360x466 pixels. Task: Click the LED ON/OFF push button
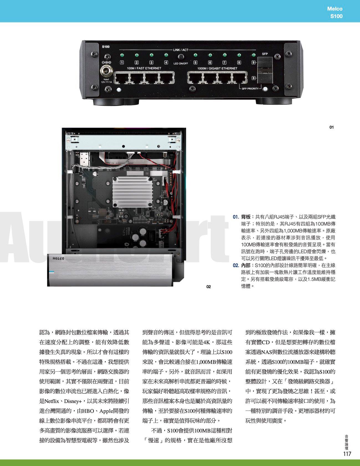(x=181, y=57)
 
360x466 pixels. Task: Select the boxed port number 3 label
(x=151, y=62)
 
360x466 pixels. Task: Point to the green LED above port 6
(x=210, y=55)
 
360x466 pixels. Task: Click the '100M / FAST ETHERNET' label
(x=144, y=68)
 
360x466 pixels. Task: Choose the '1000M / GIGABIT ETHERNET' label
(x=217, y=68)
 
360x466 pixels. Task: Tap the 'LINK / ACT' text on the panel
(x=181, y=50)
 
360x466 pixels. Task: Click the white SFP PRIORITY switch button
(x=265, y=89)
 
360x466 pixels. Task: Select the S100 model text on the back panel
(x=106, y=47)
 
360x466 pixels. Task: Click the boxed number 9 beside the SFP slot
(x=253, y=62)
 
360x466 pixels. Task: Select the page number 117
(x=347, y=454)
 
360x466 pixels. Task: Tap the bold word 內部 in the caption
(x=246, y=265)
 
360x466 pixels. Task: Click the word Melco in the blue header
(x=335, y=9)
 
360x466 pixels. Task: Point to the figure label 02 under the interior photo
(x=209, y=287)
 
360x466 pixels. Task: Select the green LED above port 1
(x=122, y=55)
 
